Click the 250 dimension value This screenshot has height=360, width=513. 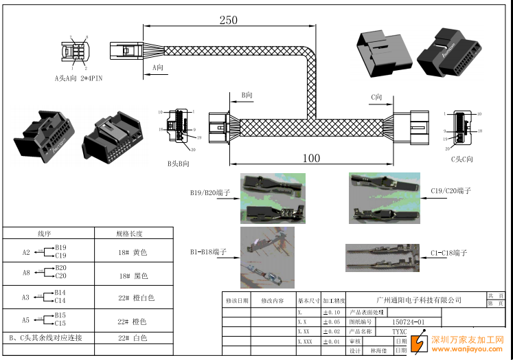click(228, 21)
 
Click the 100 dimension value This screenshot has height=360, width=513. click(311, 158)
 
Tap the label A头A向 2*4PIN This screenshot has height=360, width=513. click(80, 78)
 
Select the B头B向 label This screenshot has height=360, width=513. click(178, 164)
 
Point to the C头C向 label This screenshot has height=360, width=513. click(461, 159)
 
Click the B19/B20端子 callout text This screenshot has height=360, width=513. click(210, 193)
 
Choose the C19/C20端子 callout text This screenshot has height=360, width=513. click(451, 190)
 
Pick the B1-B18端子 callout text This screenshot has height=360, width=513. click(210, 252)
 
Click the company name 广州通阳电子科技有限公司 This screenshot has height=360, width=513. click(420, 300)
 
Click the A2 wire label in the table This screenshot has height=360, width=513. click(26, 252)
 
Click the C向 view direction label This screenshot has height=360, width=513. click(376, 98)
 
